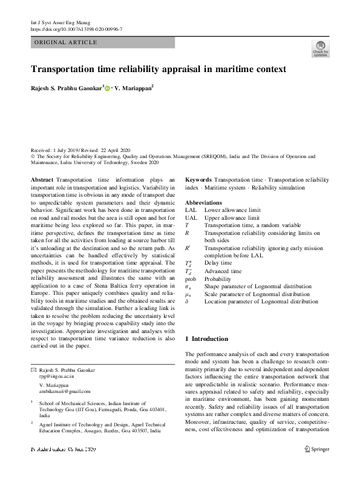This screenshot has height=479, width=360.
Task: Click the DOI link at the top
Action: [76, 28]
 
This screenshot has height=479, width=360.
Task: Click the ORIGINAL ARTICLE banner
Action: [66, 42]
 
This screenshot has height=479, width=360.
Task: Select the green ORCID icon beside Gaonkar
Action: [108, 88]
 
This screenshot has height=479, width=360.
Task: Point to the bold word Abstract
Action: [42, 180]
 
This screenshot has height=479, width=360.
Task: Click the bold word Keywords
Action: [198, 180]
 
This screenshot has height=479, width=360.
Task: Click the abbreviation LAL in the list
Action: [191, 210]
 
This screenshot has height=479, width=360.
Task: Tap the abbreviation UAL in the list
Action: [191, 217]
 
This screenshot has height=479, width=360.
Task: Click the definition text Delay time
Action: [218, 263]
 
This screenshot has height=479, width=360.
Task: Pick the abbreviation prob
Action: [191, 279]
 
